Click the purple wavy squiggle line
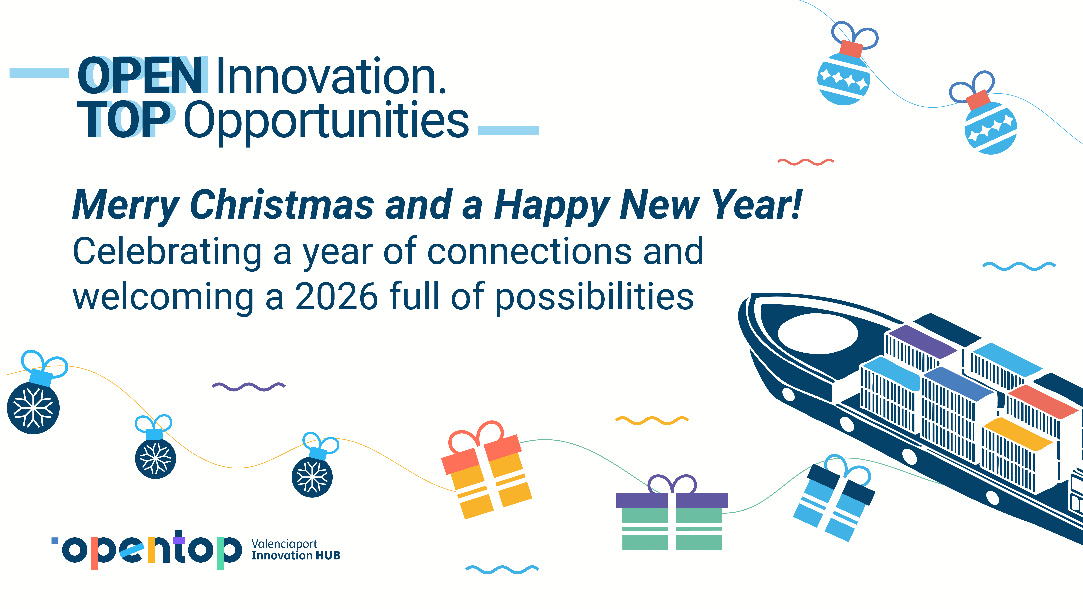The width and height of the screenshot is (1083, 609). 249,386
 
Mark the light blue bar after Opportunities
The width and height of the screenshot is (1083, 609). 509,130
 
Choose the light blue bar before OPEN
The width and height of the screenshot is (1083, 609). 39,73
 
